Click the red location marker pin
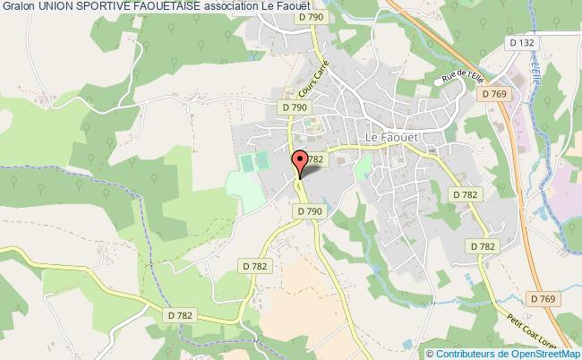pos(300,162)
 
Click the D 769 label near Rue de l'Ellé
pos(493,93)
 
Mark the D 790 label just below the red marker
pos(308,210)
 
